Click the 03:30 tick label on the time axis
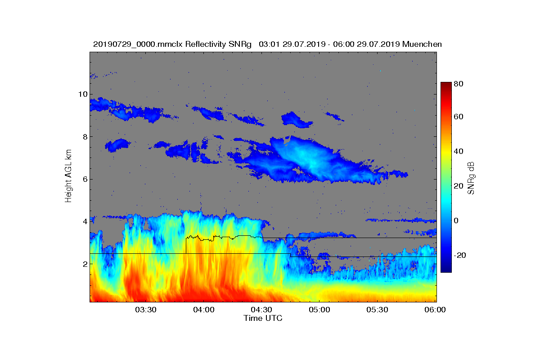click(146, 310)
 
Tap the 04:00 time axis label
click(204, 310)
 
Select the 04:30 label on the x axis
click(261, 310)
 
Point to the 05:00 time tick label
click(319, 310)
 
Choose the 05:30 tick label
click(377, 310)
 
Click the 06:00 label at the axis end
click(435, 310)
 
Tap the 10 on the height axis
click(83, 94)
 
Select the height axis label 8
click(85, 137)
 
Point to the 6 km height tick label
click(85, 180)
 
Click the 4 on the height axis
click(85, 221)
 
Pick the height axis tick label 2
click(85, 264)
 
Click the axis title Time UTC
click(263, 318)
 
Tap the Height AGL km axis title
click(68, 176)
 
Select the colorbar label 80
click(459, 84)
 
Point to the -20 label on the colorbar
click(460, 255)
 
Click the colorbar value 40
click(459, 152)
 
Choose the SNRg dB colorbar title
click(471, 178)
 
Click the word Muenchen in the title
click(422, 45)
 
